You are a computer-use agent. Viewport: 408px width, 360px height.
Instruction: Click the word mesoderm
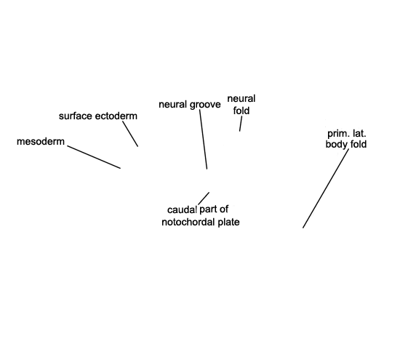click(41, 142)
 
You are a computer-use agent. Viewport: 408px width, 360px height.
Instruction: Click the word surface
click(76, 116)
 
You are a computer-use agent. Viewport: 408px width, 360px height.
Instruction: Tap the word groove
click(205, 105)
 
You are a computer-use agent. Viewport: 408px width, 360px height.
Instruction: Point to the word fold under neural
click(241, 111)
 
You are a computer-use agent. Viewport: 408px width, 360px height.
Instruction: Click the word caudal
click(182, 209)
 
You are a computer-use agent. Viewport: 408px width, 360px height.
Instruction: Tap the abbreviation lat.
click(359, 134)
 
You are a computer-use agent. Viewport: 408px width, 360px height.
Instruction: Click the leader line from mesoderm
click(94, 157)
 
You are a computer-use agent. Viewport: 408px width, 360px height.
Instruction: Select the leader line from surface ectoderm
click(130, 134)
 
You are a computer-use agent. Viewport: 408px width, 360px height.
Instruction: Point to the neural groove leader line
click(203, 139)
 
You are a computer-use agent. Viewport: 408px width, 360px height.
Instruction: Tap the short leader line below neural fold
click(241, 124)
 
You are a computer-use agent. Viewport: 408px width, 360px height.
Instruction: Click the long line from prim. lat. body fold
click(326, 188)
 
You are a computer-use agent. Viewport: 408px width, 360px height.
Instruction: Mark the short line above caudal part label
click(204, 199)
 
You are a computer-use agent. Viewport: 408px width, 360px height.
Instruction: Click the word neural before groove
click(173, 105)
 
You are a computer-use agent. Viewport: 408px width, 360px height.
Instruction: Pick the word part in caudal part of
click(208, 209)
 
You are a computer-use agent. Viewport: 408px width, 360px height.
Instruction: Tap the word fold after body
click(359, 144)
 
